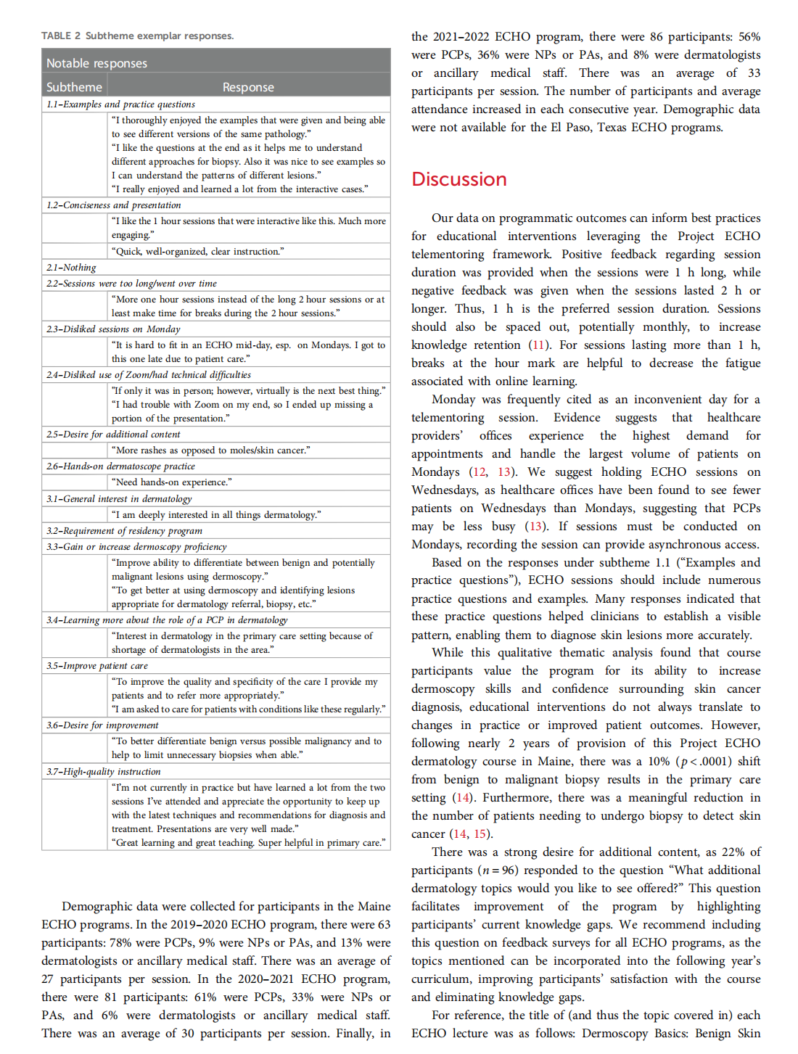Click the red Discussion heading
click(x=458, y=179)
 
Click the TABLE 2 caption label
click(x=61, y=36)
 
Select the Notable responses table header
click(x=96, y=63)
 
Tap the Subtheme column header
click(x=74, y=87)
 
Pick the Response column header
click(x=248, y=87)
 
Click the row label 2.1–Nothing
click(x=71, y=268)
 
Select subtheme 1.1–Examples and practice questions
click(x=120, y=104)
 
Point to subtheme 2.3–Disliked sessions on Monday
click(x=112, y=329)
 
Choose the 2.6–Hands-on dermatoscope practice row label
click(x=120, y=466)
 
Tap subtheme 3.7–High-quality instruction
click(x=103, y=772)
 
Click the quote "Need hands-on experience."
click(x=172, y=482)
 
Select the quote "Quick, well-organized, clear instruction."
click(x=197, y=252)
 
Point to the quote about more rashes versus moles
click(x=210, y=450)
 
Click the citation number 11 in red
click(x=538, y=345)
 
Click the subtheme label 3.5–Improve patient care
click(x=96, y=666)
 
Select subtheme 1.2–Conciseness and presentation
click(x=113, y=205)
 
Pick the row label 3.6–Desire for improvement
click(x=102, y=725)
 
